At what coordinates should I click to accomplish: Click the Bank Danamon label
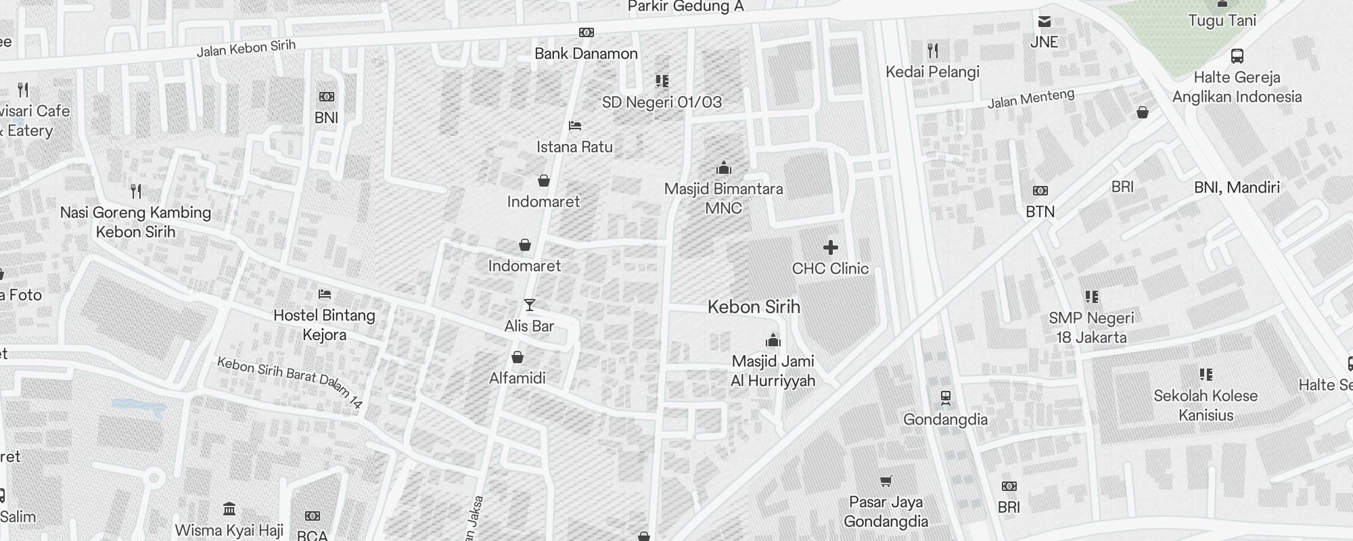[x=586, y=53]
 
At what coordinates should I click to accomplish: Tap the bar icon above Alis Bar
[x=530, y=306]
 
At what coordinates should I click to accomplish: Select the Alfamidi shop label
[x=518, y=378]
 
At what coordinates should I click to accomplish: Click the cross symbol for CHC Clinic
[x=831, y=248]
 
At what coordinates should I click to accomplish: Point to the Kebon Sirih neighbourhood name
[x=754, y=307]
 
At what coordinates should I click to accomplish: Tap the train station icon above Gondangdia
[x=946, y=398]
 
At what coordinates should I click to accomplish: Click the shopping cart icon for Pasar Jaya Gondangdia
[x=886, y=481]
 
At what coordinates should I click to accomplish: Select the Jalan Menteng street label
[x=1030, y=99]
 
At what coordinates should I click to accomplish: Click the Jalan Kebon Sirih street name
[x=246, y=48]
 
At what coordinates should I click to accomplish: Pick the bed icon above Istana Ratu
[x=575, y=126]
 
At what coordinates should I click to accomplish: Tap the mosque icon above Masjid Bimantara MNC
[x=724, y=168]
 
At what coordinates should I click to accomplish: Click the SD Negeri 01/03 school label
[x=662, y=102]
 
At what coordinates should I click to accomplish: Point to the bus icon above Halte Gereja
[x=1237, y=56]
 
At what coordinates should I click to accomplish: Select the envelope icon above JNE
[x=1045, y=22]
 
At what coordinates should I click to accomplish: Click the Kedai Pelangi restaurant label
[x=932, y=72]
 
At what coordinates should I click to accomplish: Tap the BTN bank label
[x=1040, y=212]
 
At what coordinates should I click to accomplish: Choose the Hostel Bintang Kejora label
[x=325, y=325]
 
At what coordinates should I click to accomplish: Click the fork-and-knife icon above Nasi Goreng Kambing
[x=136, y=191]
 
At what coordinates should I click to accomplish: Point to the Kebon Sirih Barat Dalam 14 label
[x=290, y=382]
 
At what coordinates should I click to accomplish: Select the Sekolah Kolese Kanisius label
[x=1206, y=405]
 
